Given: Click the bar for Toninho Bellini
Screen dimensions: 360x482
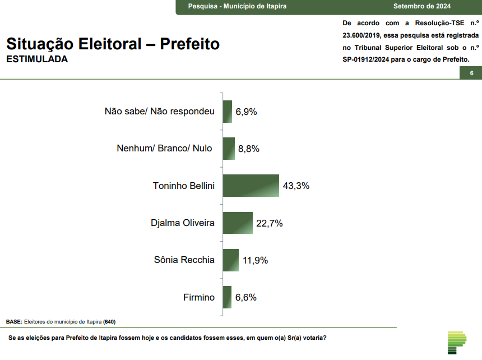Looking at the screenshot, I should click(251, 186).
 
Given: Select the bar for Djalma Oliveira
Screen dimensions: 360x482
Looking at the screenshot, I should click(238, 223).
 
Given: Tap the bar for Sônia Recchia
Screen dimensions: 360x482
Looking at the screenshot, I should click(230, 260).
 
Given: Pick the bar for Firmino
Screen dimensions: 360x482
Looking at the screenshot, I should click(227, 297).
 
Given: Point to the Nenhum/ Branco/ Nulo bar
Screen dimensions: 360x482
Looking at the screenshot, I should click(228, 149).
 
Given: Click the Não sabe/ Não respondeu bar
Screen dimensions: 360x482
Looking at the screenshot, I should click(227, 112).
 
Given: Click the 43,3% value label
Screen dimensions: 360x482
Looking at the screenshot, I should click(296, 186).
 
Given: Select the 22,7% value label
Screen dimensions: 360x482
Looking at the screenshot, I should click(270, 223).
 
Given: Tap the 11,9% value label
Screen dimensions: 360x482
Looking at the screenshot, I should click(255, 260).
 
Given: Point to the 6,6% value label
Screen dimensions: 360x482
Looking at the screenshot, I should click(246, 297).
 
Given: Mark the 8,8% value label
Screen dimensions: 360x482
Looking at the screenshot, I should click(249, 149).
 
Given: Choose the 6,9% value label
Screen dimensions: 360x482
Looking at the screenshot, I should click(246, 112).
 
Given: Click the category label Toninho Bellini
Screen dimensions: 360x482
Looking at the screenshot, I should click(184, 186).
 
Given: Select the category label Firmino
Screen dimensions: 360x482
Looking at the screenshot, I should click(199, 297).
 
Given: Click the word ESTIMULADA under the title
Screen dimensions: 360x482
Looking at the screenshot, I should click(36, 59).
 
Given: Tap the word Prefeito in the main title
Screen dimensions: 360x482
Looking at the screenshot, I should click(189, 44).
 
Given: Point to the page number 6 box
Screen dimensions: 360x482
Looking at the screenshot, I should click(471, 73).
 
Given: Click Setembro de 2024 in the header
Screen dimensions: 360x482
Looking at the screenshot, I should click(422, 6).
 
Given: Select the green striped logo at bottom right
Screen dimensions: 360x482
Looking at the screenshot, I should click(457, 342).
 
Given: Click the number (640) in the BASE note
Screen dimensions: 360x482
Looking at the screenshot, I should click(109, 322).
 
